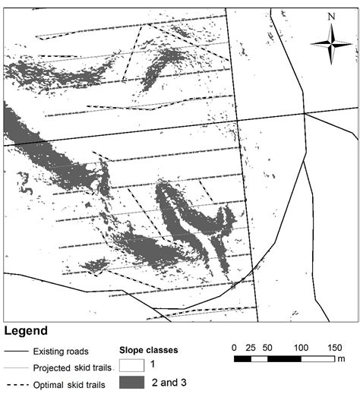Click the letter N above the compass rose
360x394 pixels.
pos(331,16)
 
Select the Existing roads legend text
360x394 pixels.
pos(61,351)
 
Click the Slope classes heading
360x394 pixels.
pos(150,351)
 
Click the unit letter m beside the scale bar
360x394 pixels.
pos(342,358)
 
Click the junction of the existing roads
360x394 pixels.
pos(305,113)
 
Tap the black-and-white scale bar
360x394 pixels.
pos(284,357)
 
